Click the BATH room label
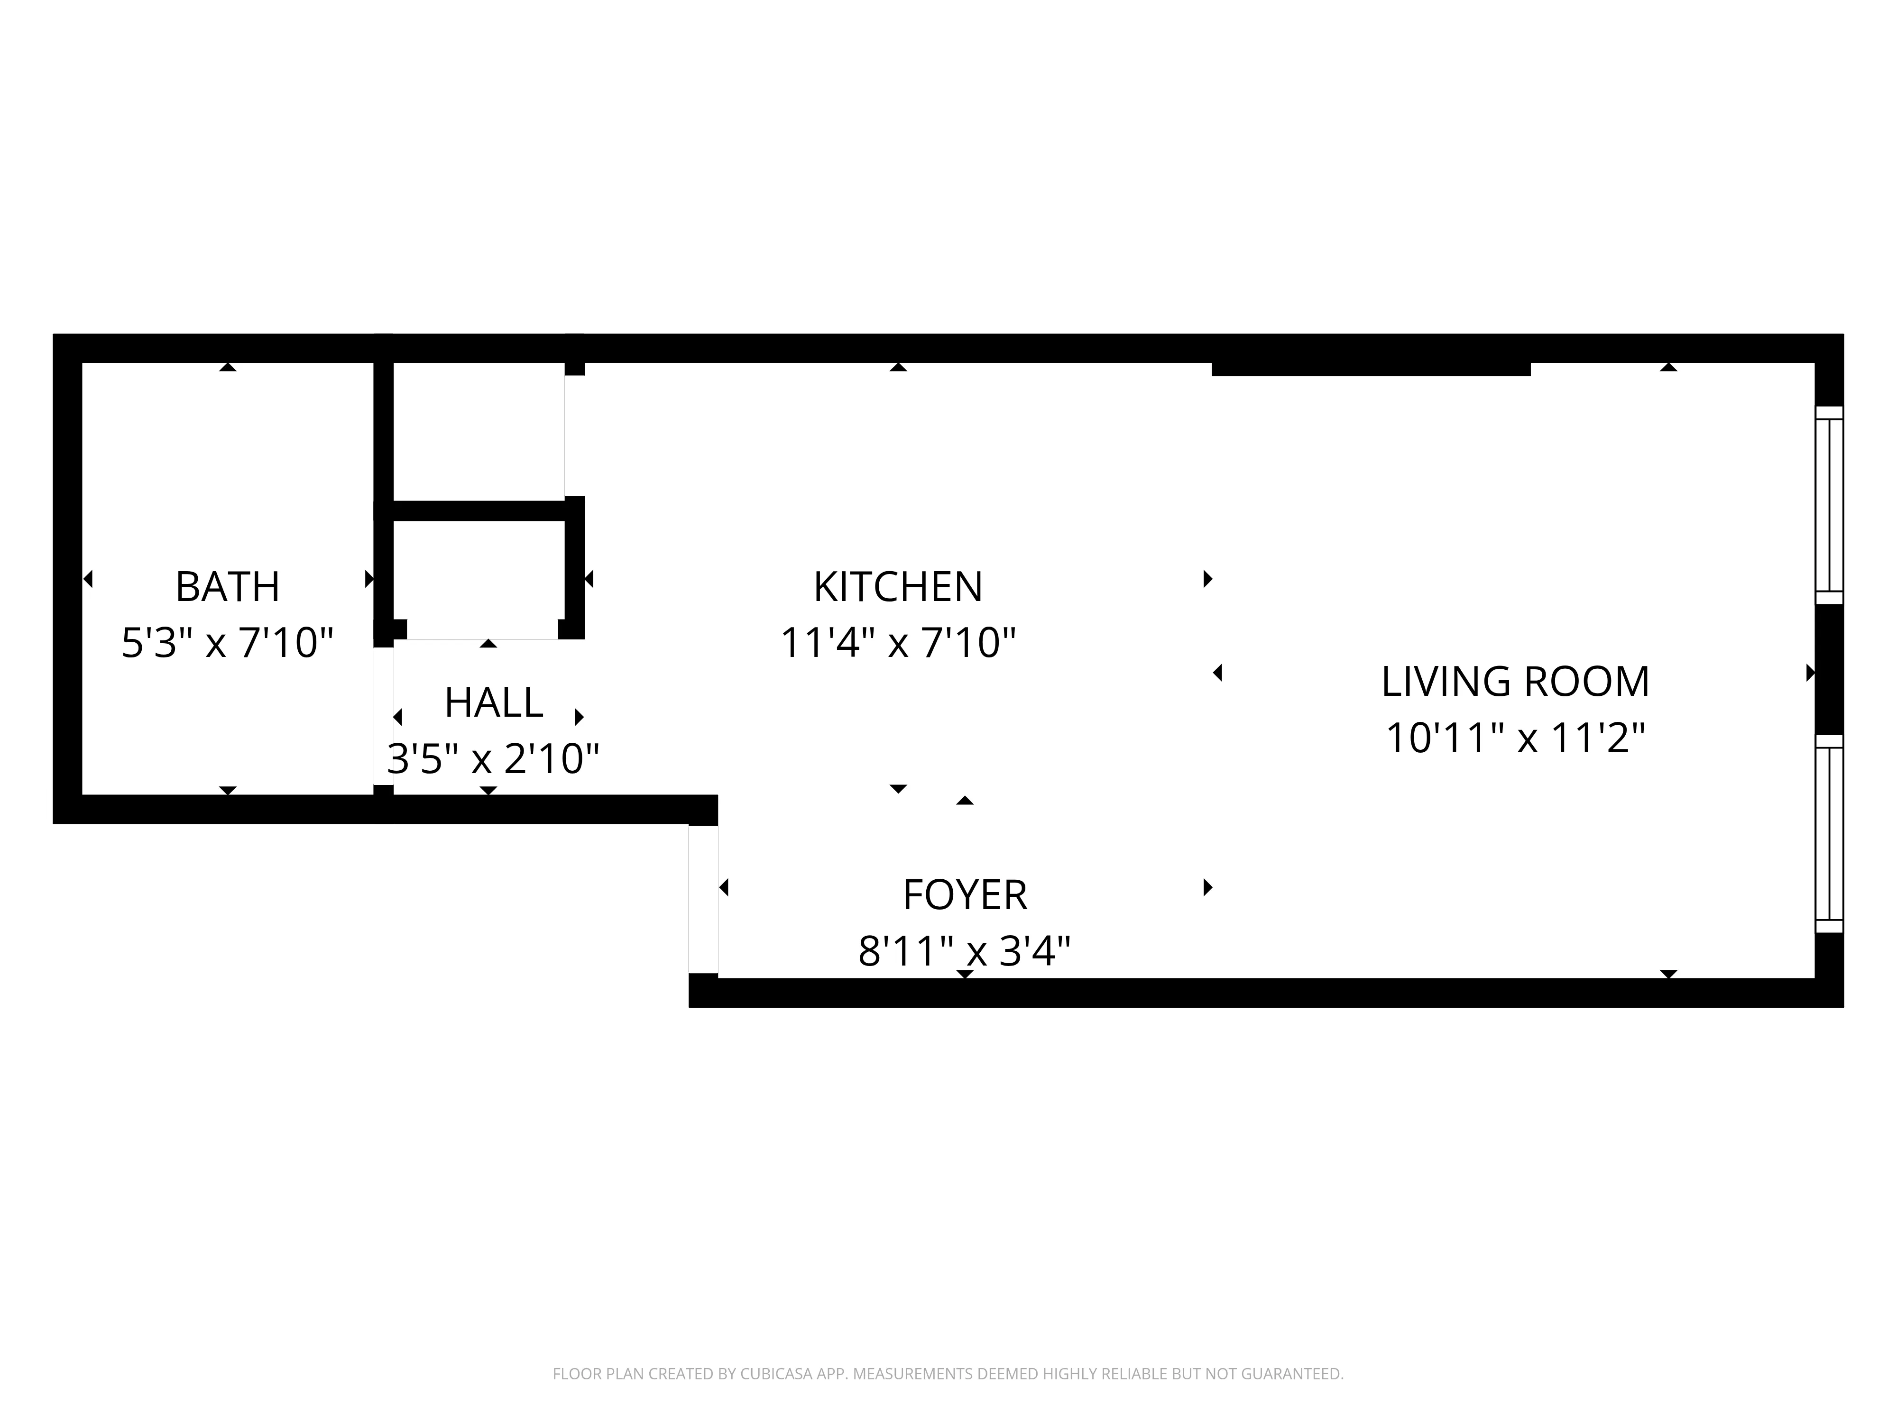click(227, 587)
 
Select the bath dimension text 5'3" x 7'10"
click(227, 643)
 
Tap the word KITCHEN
click(898, 587)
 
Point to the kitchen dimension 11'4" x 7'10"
click(898, 643)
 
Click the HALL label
click(493, 703)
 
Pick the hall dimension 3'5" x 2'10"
click(493, 758)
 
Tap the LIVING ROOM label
click(1515, 682)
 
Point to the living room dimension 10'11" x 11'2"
click(1515, 737)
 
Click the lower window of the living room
click(1829, 833)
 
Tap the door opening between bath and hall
click(383, 716)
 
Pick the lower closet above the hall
click(478, 579)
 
